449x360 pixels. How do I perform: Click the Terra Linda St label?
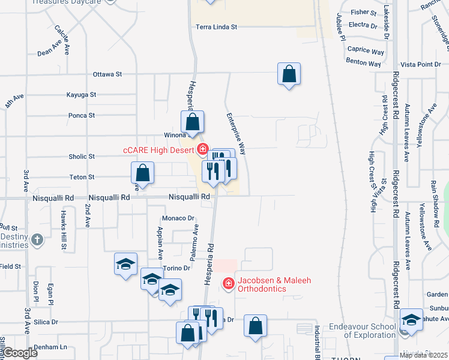[x=217, y=27]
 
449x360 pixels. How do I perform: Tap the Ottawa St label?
[x=107, y=74]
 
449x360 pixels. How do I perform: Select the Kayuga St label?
[x=82, y=95]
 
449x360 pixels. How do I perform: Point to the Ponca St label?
[x=82, y=115]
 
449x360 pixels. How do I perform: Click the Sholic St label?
[x=82, y=157]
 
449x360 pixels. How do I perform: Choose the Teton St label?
[x=82, y=177]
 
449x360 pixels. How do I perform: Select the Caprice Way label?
[x=366, y=52]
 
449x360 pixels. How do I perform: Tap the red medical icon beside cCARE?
[x=203, y=149]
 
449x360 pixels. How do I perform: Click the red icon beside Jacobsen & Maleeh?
[x=228, y=284]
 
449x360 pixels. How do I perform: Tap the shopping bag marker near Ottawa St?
[x=289, y=74]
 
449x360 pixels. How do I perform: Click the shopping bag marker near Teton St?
[x=143, y=173]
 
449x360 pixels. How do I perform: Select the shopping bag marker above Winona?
[x=193, y=122]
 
